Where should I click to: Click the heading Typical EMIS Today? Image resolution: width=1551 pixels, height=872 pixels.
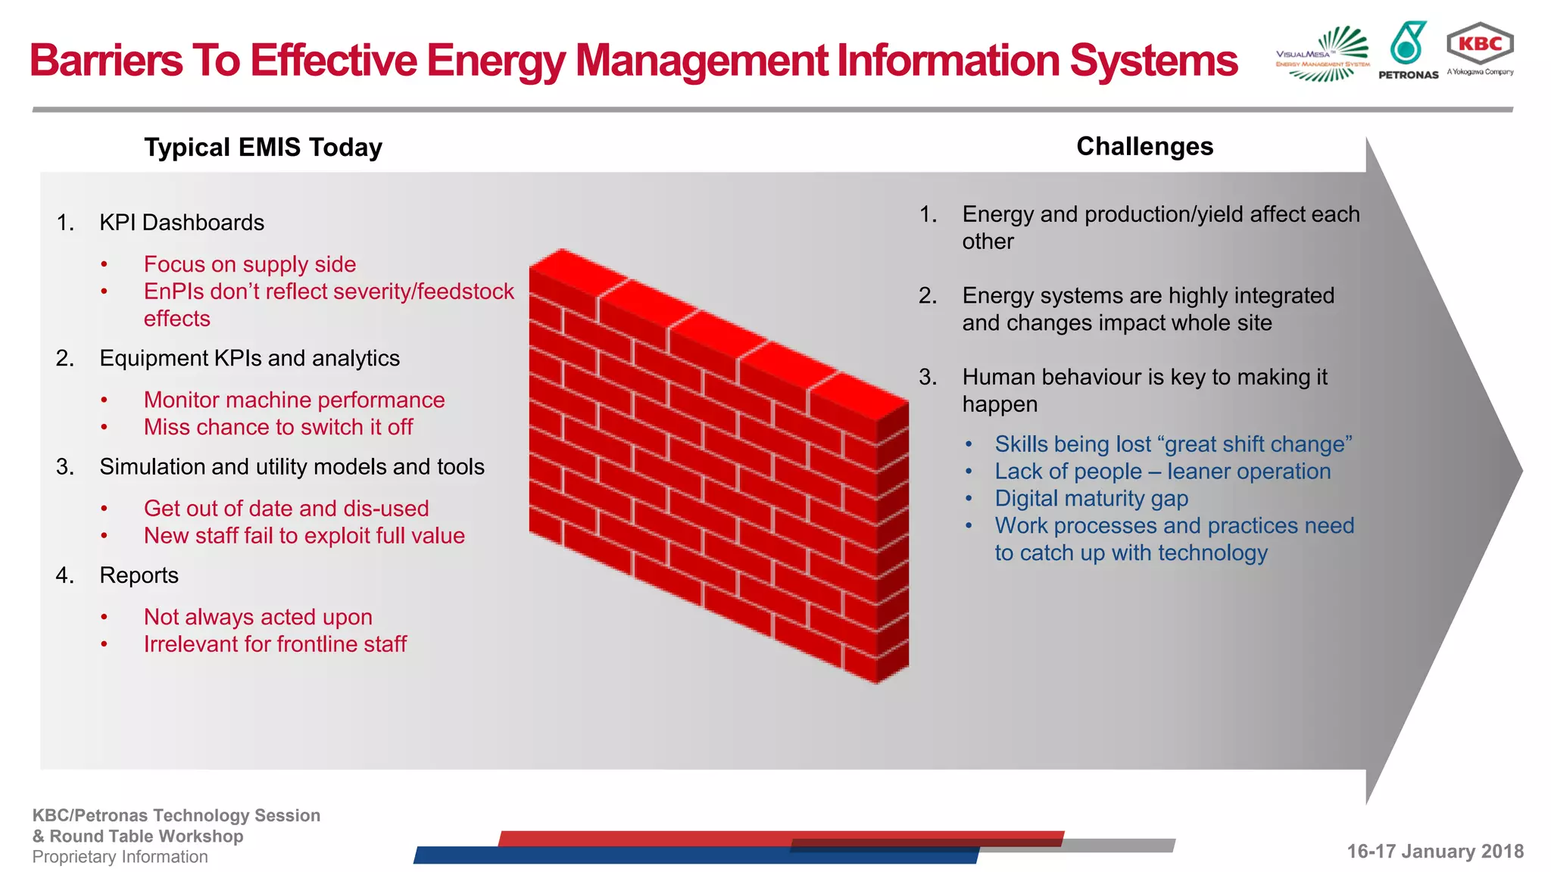click(x=263, y=147)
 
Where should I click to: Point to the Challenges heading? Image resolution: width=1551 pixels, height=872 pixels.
click(x=1144, y=146)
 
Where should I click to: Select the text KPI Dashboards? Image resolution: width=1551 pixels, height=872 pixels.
click(x=182, y=223)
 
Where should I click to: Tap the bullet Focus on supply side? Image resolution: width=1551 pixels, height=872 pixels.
click(x=250, y=264)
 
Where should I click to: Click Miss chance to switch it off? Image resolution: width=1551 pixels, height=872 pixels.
click(x=278, y=427)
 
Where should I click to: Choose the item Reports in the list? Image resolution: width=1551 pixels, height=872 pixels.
click(x=139, y=575)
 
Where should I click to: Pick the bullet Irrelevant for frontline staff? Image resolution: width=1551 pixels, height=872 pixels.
click(x=275, y=644)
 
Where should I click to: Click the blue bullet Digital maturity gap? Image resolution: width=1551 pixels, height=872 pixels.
click(x=1091, y=499)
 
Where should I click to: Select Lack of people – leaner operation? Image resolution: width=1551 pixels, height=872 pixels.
click(x=1162, y=472)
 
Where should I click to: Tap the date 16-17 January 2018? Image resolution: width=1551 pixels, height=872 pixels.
click(x=1434, y=852)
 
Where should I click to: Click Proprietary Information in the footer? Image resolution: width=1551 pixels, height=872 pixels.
click(x=120, y=857)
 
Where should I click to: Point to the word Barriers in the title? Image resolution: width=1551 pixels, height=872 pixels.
click(x=106, y=61)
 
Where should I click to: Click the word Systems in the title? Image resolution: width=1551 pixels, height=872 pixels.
click(x=1153, y=61)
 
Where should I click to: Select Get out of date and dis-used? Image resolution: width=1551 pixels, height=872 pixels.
click(x=286, y=509)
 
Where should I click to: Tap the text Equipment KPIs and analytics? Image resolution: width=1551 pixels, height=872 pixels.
click(x=249, y=358)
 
